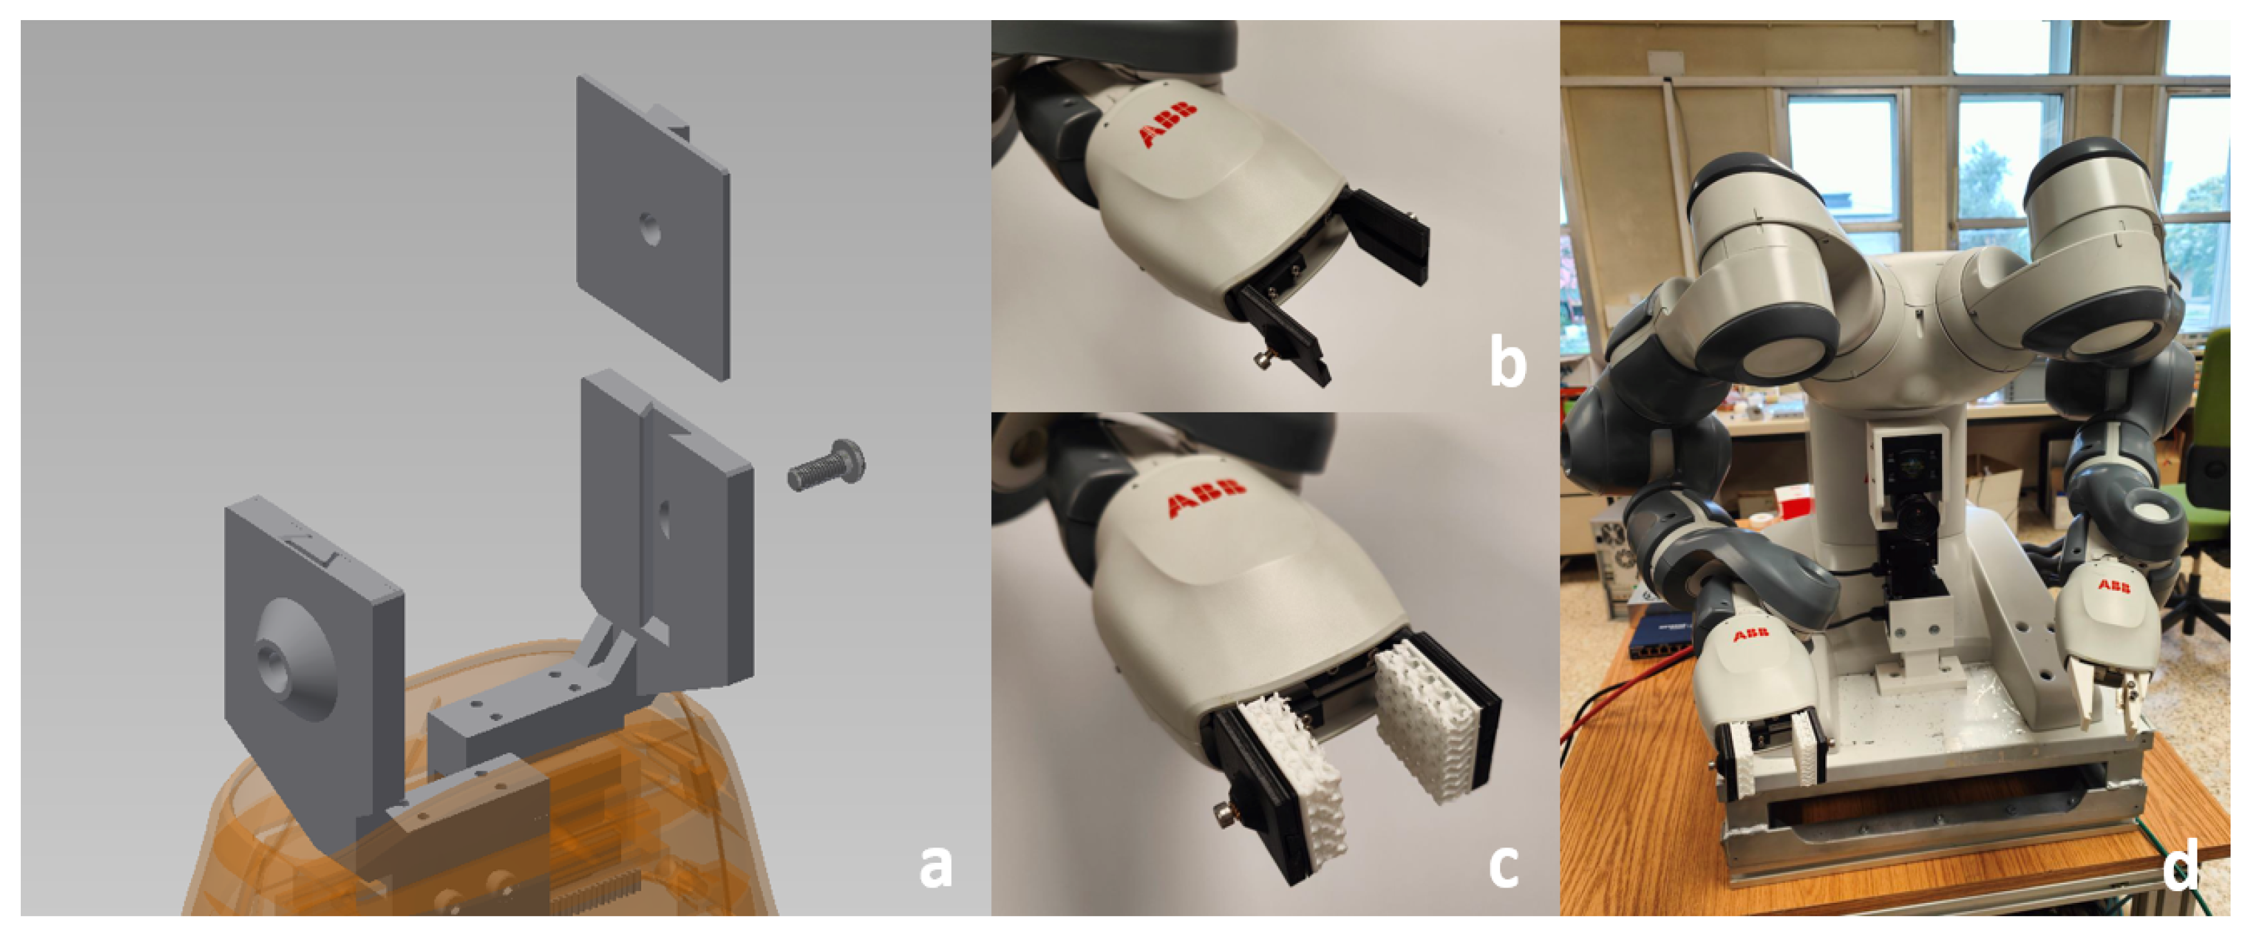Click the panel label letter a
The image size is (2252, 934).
[x=934, y=867]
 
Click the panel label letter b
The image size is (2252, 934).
[x=1507, y=360]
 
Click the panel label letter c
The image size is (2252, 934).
[x=1503, y=867]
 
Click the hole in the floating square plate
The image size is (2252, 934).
[x=649, y=230]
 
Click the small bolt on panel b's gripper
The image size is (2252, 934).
[x=1262, y=358]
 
